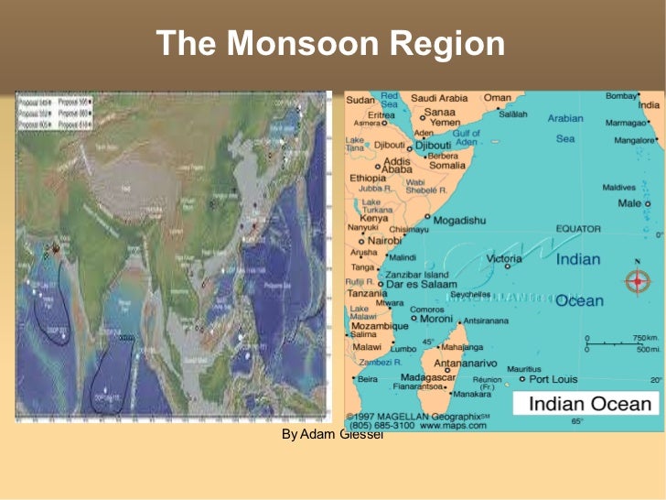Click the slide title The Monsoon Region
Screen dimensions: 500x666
pos(330,44)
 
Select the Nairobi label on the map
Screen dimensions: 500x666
pos(384,240)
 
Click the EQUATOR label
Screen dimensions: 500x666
pos(578,229)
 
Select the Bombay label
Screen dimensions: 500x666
pos(620,96)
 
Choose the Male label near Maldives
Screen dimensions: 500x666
pos(629,202)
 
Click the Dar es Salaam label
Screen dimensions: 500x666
pos(421,285)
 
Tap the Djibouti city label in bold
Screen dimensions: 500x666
pos(432,145)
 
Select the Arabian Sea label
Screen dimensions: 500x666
pos(565,128)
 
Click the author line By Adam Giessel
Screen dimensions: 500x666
pos(332,433)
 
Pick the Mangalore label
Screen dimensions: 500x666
pos(632,140)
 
